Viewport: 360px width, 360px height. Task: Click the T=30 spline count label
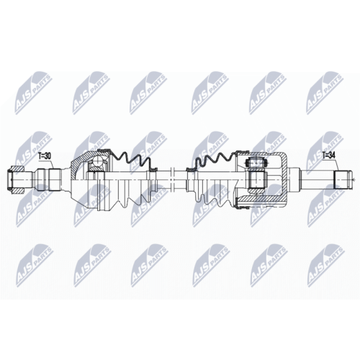tap(45, 156)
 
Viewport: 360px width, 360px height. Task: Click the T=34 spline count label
tap(328, 156)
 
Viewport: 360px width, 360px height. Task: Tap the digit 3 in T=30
tap(45, 156)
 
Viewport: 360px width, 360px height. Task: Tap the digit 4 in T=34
tap(333, 156)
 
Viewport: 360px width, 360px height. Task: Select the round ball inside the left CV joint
tap(98, 161)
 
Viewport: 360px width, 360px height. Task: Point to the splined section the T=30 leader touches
tap(55, 179)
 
